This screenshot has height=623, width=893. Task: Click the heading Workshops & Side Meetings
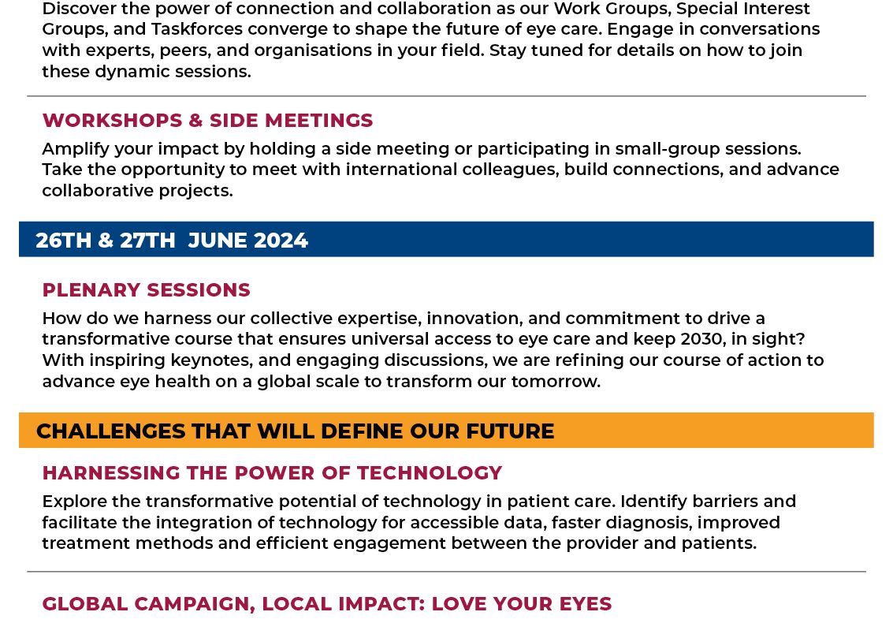point(207,121)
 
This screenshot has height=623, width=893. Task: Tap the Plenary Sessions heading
point(147,289)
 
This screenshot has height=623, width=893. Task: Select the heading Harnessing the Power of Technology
point(272,472)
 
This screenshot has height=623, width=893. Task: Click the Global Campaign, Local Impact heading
point(327,603)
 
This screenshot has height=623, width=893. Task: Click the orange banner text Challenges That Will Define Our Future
point(295,431)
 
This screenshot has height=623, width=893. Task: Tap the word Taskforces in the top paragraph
point(189,29)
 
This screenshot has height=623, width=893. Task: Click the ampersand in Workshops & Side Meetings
point(196,121)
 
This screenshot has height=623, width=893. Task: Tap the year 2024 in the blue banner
point(281,240)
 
